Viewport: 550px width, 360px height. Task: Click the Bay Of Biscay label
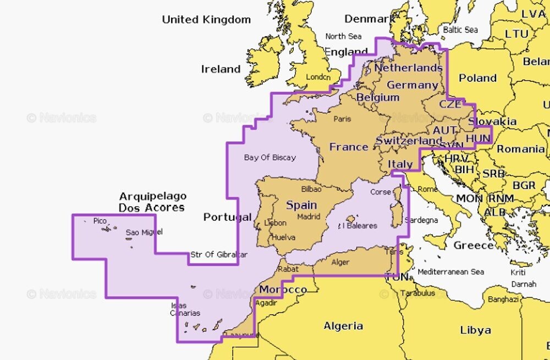(x=269, y=157)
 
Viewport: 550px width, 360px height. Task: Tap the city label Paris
(x=342, y=119)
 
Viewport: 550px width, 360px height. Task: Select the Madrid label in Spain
(x=309, y=217)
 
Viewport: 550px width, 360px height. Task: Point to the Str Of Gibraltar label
(x=219, y=254)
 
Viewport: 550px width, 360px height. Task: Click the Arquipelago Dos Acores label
(x=152, y=202)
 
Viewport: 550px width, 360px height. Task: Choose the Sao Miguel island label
(x=144, y=232)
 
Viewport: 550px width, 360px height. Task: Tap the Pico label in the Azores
(x=100, y=221)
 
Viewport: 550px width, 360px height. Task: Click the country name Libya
(x=475, y=330)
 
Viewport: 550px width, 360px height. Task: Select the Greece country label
(x=473, y=245)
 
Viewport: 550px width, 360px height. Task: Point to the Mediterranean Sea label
(x=450, y=272)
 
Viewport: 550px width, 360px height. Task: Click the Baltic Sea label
(x=460, y=30)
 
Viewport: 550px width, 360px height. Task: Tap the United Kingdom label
(x=206, y=20)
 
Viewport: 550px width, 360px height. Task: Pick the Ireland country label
(x=221, y=69)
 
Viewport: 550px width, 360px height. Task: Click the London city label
(x=318, y=77)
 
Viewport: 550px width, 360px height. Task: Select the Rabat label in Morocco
(x=288, y=269)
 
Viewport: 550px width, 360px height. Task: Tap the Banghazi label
(x=503, y=299)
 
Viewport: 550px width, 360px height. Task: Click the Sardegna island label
(x=421, y=220)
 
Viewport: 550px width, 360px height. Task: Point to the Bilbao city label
(x=311, y=189)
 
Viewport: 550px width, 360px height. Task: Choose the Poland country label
(x=477, y=77)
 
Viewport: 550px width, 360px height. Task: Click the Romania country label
(x=520, y=149)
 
